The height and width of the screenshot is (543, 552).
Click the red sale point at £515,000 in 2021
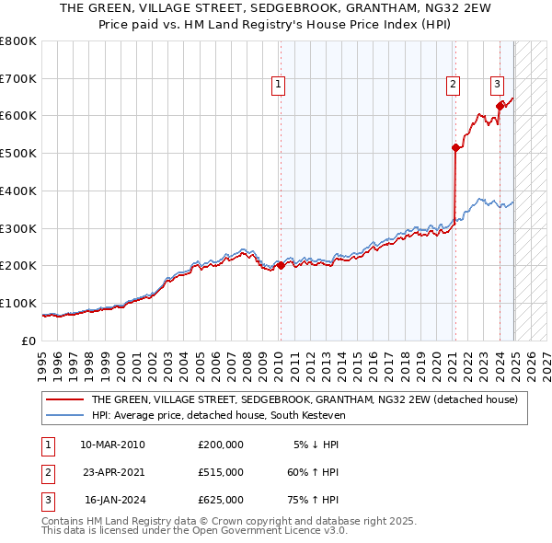pos(455,147)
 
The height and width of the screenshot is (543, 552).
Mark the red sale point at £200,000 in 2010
pos(281,266)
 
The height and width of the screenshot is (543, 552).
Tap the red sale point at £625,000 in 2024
pos(500,106)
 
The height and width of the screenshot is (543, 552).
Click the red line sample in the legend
pos(65,399)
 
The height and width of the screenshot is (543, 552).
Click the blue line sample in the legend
pos(65,415)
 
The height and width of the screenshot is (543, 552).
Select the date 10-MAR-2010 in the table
pos(112,445)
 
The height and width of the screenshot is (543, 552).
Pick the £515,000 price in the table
pos(221,472)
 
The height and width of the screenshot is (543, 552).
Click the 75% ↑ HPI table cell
pos(313,500)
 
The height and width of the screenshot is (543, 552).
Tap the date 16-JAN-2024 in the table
pos(114,500)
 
